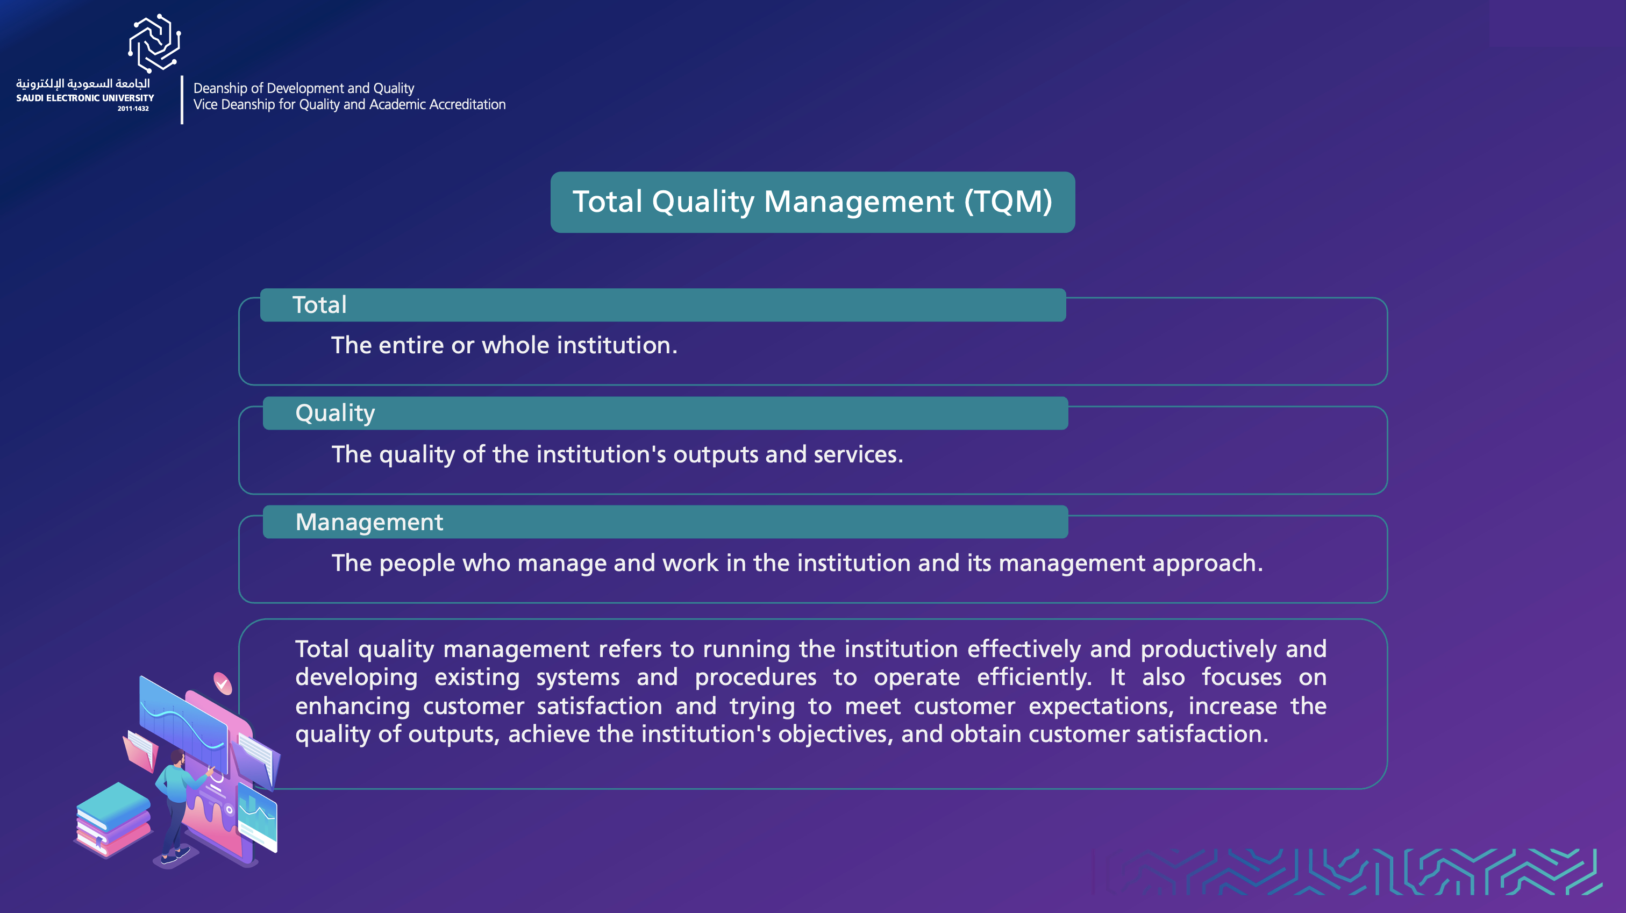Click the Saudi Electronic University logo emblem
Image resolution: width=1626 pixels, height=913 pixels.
coord(155,43)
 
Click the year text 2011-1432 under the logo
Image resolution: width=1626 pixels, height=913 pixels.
coord(133,109)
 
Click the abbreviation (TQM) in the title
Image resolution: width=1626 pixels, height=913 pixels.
coord(1008,202)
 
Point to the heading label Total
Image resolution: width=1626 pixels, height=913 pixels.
coord(319,305)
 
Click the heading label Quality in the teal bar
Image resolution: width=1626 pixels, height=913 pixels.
coord(335,413)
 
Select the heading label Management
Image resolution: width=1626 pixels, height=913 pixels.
coord(369,522)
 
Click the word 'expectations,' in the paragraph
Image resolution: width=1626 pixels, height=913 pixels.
coord(1101,707)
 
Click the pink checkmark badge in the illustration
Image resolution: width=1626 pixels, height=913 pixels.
coord(223,683)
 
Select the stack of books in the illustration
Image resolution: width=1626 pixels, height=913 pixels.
coord(113,819)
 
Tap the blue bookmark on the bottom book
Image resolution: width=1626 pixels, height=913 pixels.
coord(99,841)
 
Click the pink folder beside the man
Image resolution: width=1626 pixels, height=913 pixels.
coord(140,751)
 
